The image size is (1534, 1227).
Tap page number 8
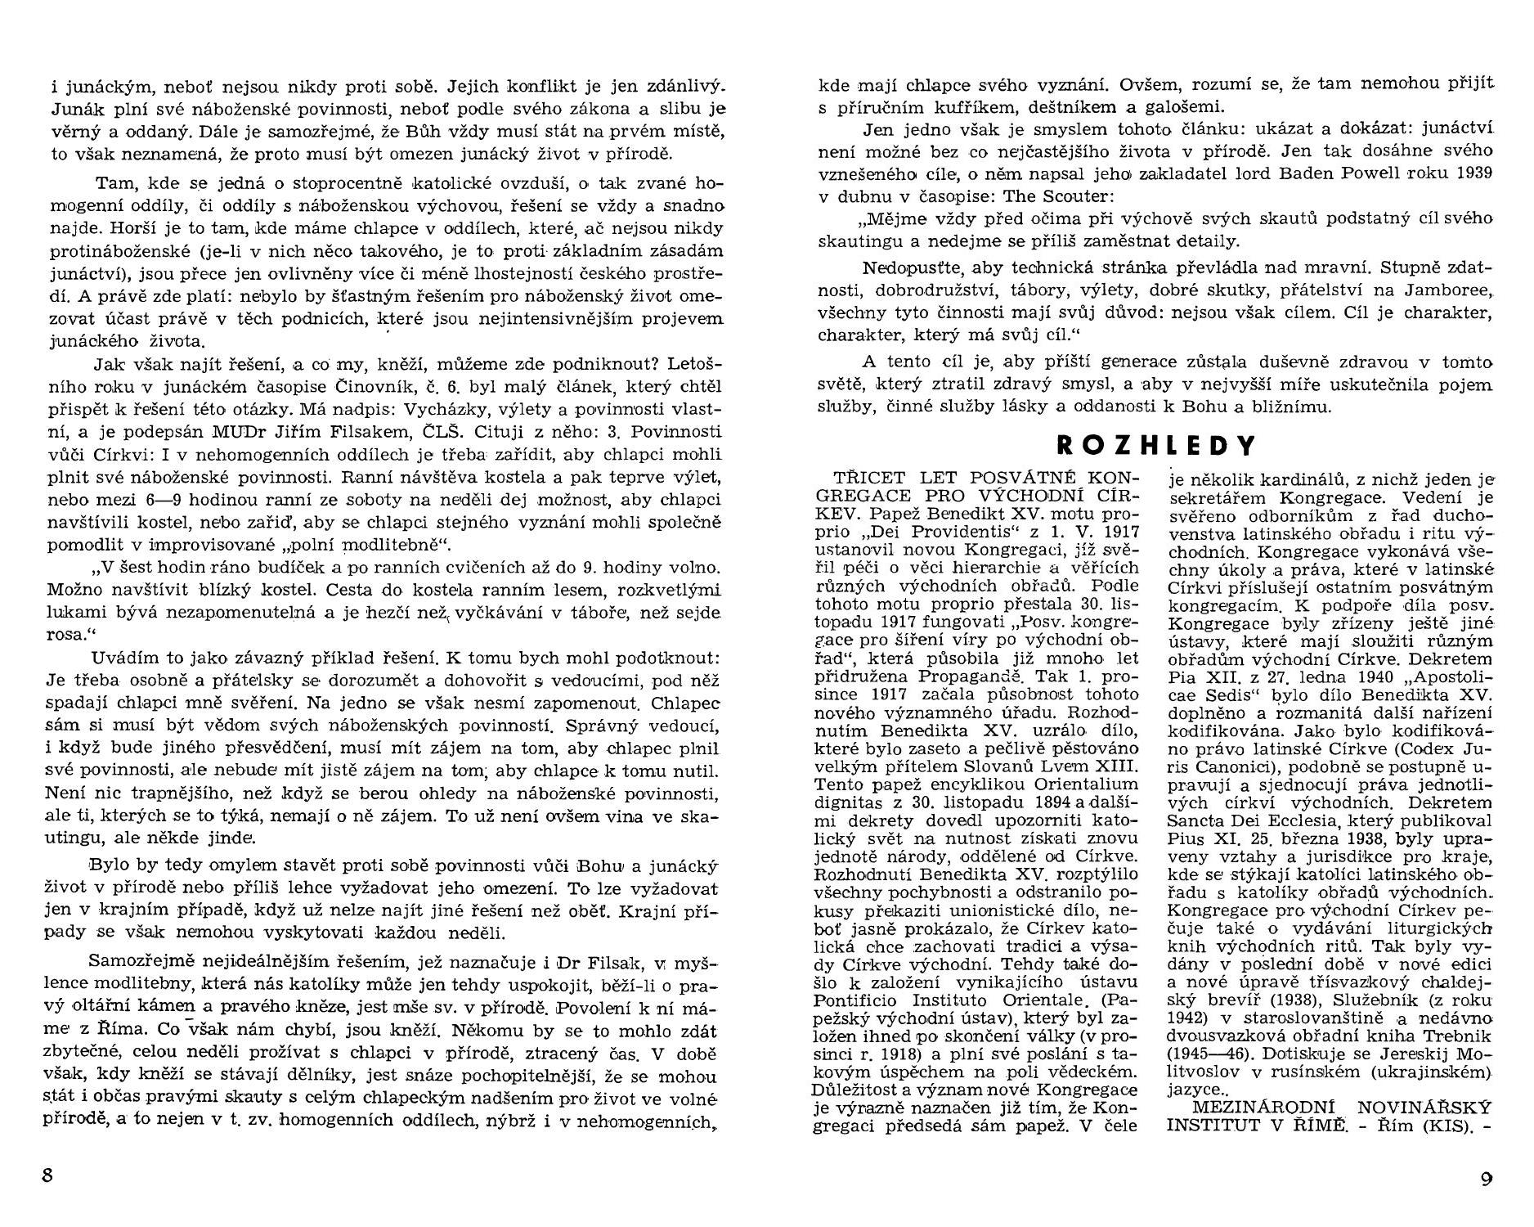point(47,1175)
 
